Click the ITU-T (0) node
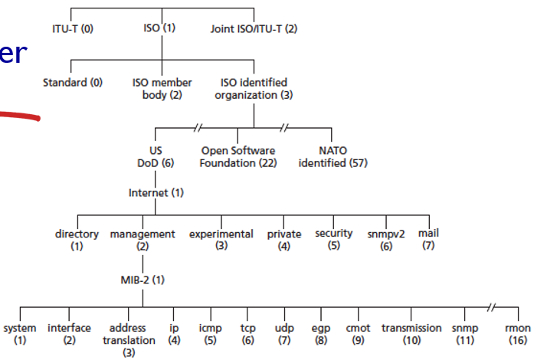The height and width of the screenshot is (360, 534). point(71,29)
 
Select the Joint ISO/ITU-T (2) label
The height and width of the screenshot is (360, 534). point(254,29)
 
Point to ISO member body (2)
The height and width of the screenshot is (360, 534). point(162,88)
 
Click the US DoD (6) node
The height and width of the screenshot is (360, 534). point(156,157)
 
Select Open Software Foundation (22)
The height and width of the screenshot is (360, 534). point(238,157)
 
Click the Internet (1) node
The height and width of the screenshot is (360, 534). point(156,192)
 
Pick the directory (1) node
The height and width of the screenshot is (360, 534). point(77,240)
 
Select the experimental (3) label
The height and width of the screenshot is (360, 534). point(221,240)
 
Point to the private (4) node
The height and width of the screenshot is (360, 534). point(284,240)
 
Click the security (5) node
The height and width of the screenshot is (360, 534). point(334,239)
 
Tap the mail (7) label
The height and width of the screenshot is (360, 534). point(428,239)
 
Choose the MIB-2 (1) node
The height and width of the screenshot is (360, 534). point(143,280)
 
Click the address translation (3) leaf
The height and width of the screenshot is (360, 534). point(128,339)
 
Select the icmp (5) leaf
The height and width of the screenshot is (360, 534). point(210,333)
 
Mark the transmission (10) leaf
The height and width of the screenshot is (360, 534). point(411,333)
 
